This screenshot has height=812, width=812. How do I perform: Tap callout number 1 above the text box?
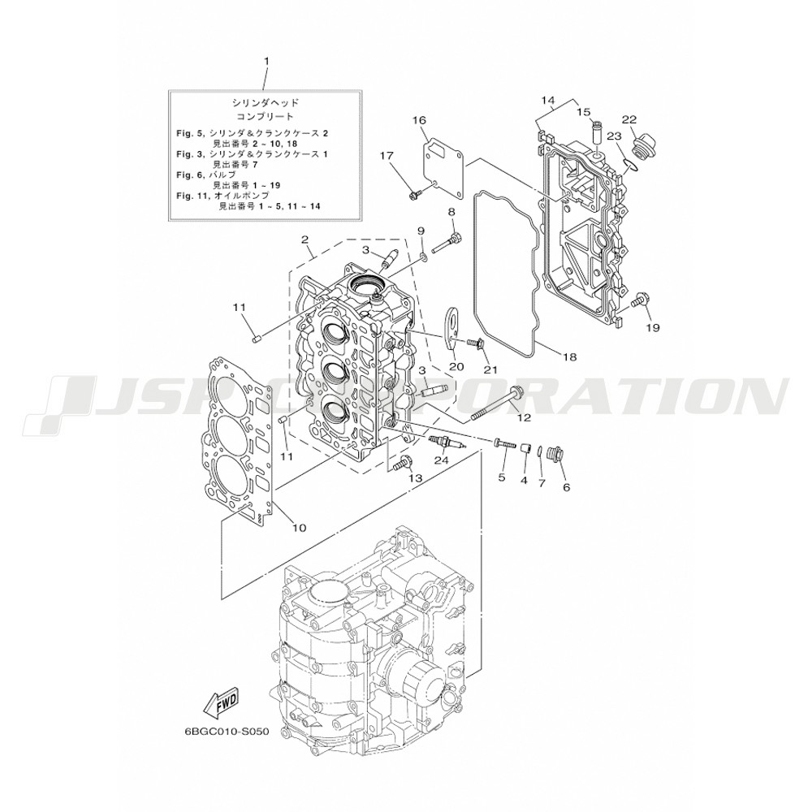click(266, 61)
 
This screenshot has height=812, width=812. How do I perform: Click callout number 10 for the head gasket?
click(300, 528)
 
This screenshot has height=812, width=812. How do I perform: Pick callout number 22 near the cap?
click(629, 119)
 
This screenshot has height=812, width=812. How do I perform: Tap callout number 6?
click(566, 487)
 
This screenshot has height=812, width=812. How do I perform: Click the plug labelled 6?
click(556, 454)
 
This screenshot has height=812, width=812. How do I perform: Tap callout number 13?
click(417, 478)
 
